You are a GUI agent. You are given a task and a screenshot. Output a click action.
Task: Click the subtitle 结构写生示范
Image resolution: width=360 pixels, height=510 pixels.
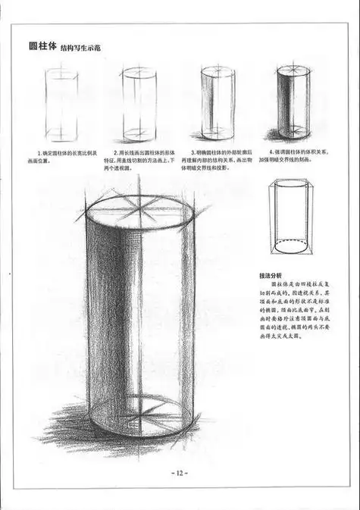(89, 47)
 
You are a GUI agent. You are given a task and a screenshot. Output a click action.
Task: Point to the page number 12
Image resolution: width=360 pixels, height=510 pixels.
(180, 473)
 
